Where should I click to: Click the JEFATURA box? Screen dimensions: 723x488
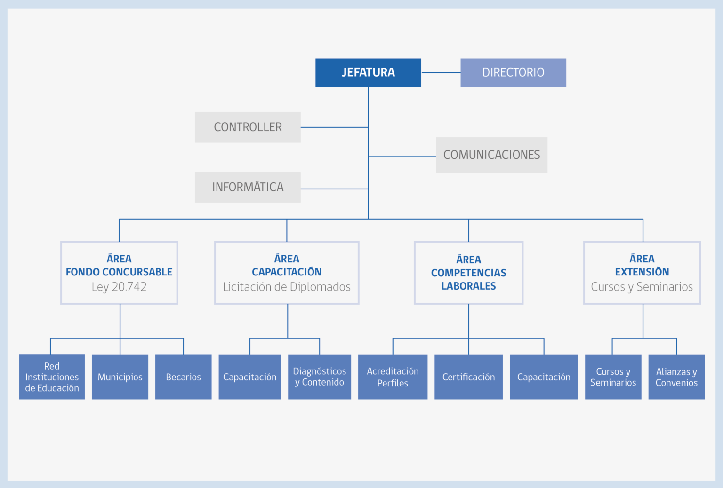[368, 72]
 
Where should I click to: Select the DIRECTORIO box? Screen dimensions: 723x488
[513, 72]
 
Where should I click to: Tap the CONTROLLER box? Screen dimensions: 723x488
[248, 127]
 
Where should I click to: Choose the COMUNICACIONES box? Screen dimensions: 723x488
[491, 155]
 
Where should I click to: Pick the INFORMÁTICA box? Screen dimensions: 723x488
[248, 187]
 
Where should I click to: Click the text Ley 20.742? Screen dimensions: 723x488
[119, 287]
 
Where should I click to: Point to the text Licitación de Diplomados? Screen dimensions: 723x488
[287, 287]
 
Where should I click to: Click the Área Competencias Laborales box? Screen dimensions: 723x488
[469, 273]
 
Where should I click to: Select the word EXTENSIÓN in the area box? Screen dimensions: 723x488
[642, 272]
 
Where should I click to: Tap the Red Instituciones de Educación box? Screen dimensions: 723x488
[52, 377]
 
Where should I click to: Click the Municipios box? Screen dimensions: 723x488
[120, 377]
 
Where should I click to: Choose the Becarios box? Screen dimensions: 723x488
[183, 377]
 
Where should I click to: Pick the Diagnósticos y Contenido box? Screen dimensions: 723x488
[320, 377]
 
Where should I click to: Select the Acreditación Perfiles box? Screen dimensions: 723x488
[393, 377]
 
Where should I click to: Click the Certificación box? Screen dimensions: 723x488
[469, 377]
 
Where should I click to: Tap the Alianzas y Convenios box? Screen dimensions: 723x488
[676, 377]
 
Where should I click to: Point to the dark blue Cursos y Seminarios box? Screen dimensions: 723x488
[613, 377]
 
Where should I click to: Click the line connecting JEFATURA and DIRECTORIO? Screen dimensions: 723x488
[441, 72]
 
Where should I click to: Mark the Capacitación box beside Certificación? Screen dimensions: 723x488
[544, 377]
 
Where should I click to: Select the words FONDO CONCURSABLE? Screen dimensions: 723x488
[119, 272]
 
